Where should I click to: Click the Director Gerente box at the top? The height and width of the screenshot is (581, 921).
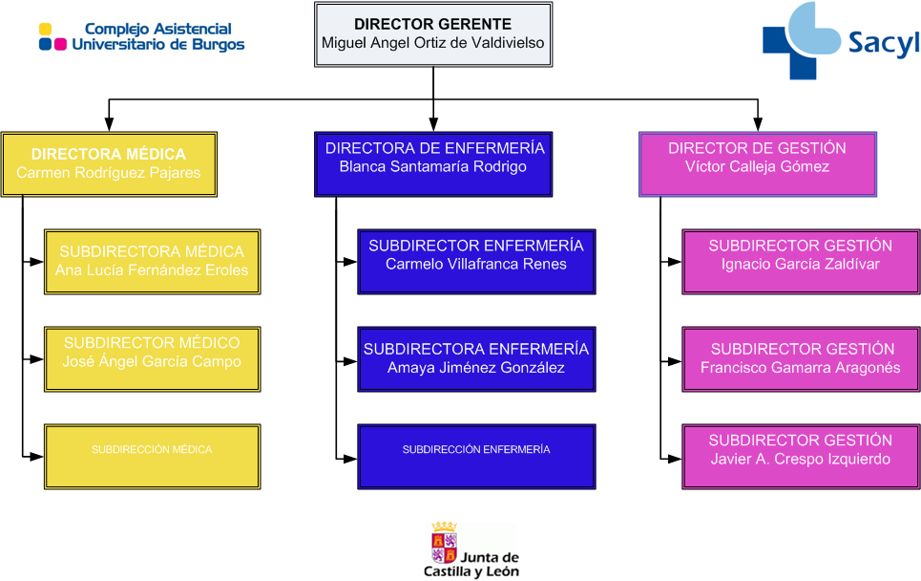433,34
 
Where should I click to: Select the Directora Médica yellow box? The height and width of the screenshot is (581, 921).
109,164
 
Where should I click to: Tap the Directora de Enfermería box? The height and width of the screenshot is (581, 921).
433,164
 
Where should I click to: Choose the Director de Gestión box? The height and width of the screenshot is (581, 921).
758,164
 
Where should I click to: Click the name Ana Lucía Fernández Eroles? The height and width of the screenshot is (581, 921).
152,270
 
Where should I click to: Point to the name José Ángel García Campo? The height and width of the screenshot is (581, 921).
152,362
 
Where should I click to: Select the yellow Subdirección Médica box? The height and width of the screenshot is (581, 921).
152,457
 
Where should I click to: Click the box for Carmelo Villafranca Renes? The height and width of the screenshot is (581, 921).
476,262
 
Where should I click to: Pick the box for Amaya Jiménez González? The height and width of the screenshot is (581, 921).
476,359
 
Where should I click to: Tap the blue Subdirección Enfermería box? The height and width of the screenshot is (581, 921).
476,457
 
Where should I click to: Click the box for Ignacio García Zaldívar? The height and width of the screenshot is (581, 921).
801,262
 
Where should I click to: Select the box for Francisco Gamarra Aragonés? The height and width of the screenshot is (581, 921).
801,359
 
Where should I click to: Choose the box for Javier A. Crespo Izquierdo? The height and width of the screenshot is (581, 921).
801,457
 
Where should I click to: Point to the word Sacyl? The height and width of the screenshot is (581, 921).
883,43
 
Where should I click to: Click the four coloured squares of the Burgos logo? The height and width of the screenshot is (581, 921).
52,36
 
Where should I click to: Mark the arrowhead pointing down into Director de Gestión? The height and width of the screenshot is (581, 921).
758,124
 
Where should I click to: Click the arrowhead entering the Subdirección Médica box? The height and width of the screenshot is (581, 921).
37,457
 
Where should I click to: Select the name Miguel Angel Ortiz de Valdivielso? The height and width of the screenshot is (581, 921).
433,43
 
